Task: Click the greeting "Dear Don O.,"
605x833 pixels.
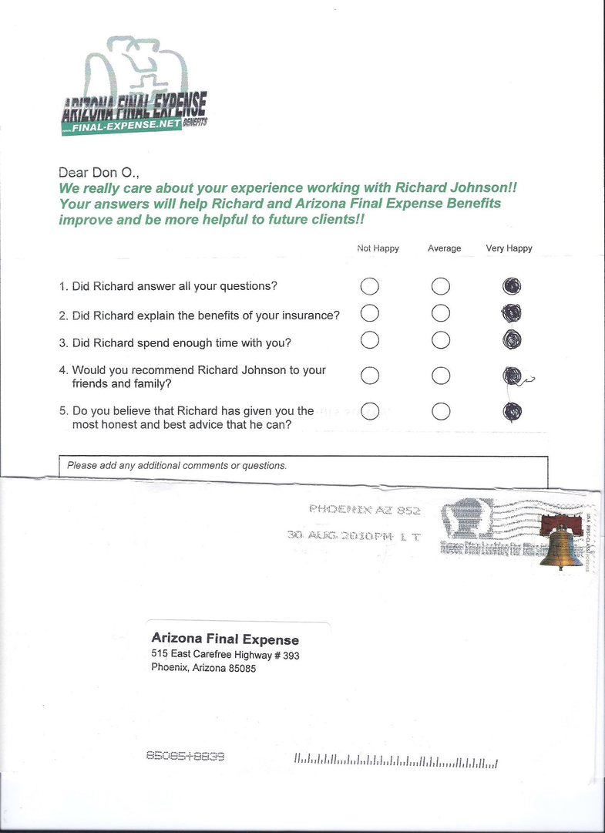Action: tap(99, 173)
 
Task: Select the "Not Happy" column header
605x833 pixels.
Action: tap(378, 248)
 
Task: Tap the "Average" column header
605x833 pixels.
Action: tap(445, 248)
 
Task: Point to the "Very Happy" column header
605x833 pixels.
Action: tap(509, 248)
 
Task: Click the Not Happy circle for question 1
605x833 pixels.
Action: tap(370, 286)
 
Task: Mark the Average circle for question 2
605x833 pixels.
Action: tap(441, 313)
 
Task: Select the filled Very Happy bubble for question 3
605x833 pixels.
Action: tap(511, 339)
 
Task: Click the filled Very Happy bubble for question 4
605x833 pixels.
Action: tap(512, 376)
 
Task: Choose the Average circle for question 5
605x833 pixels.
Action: tap(441, 411)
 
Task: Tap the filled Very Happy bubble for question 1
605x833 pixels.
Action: tap(511, 286)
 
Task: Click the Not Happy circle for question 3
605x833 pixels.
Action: tap(370, 339)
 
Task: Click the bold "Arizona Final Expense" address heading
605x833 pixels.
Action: tap(225, 639)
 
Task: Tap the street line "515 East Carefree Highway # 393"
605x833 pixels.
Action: tap(225, 655)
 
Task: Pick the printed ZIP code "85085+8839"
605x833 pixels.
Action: tap(185, 757)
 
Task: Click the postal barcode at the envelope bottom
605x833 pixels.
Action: tap(395, 762)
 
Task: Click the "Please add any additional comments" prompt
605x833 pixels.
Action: tap(176, 466)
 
